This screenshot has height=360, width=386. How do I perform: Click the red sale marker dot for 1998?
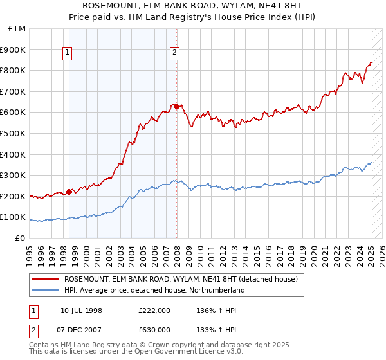[x=69, y=191]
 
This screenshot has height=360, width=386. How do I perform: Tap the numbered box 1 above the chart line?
[x=68, y=53]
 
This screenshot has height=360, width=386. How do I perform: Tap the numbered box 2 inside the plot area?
[x=175, y=53]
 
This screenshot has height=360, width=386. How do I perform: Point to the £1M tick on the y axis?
[x=17, y=29]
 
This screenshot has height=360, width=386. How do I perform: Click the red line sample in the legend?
[x=45, y=280]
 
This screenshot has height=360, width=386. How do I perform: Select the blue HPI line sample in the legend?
[x=45, y=290]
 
